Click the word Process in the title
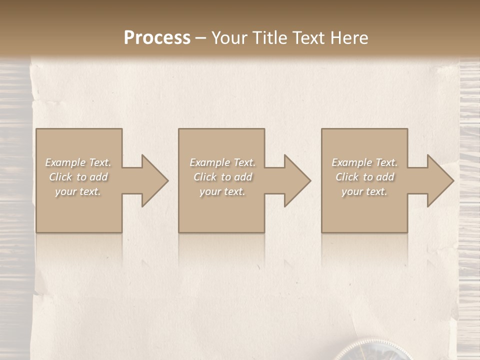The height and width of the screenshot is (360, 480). [x=157, y=38]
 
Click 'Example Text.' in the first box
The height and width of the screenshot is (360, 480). [x=78, y=162]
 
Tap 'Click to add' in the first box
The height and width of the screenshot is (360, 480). [x=78, y=177]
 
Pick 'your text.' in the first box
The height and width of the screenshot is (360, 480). [x=78, y=191]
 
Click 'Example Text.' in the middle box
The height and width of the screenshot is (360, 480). [x=222, y=162]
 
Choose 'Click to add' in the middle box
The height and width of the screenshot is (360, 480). [x=222, y=177]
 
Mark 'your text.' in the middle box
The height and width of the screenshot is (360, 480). [x=222, y=191]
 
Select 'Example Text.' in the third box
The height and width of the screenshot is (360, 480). [x=364, y=162]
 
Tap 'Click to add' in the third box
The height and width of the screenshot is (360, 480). [x=364, y=177]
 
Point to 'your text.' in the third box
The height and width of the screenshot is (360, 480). [x=364, y=191]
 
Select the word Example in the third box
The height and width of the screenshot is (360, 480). [x=351, y=162]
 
